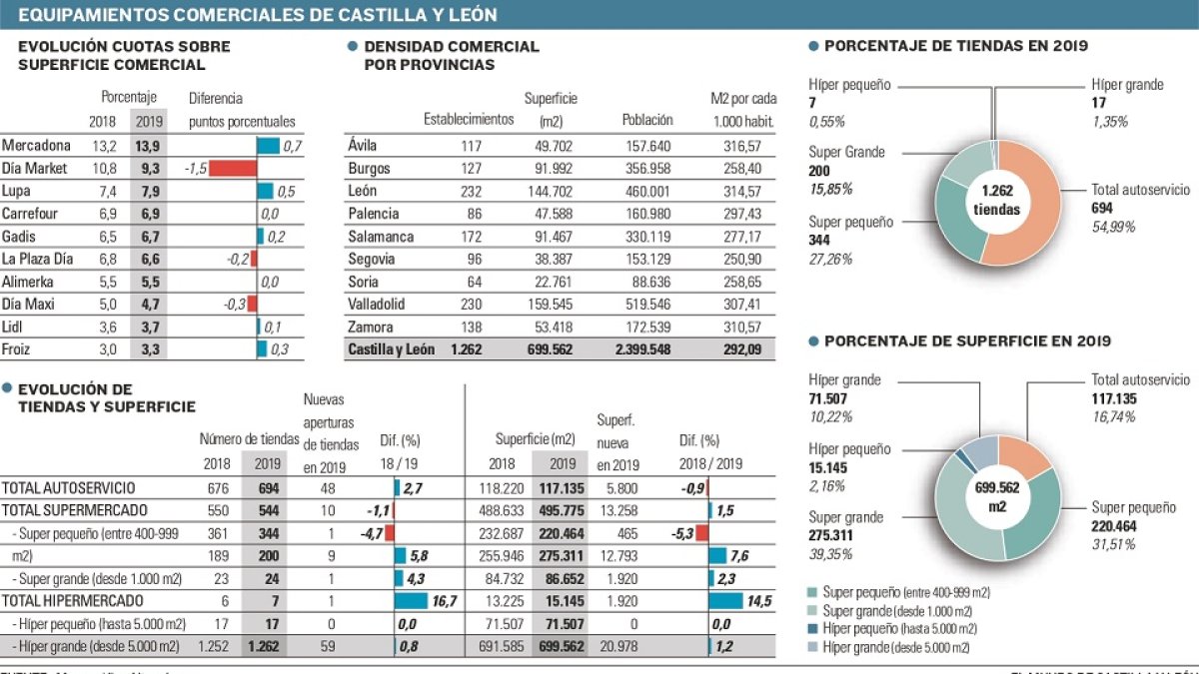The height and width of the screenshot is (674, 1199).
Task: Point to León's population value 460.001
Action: (x=645, y=191)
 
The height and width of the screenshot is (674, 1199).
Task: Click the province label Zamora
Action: (x=371, y=328)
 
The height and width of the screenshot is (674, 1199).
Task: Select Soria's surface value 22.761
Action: (x=557, y=282)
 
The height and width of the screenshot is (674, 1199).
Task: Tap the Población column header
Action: (x=646, y=120)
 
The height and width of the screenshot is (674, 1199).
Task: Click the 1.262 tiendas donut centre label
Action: (x=995, y=200)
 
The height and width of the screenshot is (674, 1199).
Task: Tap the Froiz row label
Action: (x=17, y=349)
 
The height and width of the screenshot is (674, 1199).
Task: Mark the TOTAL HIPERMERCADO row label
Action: (x=72, y=600)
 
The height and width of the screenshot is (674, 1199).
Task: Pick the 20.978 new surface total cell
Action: (x=619, y=646)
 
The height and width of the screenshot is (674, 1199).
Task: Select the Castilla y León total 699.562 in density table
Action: (x=557, y=350)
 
